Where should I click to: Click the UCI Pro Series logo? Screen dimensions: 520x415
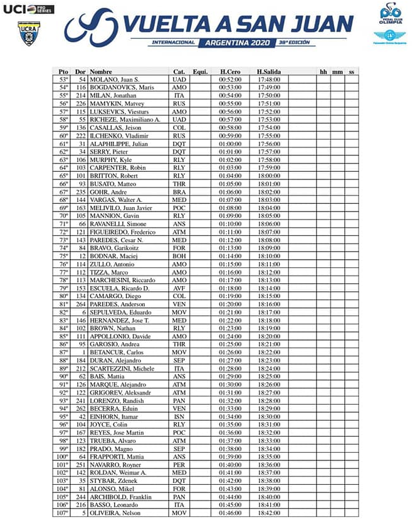[28, 9]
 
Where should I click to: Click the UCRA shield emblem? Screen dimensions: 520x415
[27, 33]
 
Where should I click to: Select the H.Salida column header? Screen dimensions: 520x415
[268, 72]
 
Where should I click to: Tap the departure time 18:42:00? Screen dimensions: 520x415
[268, 513]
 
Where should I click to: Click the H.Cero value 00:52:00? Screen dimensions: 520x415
[230, 80]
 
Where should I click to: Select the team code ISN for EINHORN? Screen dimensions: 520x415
[179, 416]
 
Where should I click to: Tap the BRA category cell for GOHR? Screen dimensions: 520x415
[179, 192]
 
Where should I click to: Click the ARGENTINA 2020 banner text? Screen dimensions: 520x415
[234, 43]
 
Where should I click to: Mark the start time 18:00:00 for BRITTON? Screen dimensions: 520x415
[268, 176]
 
